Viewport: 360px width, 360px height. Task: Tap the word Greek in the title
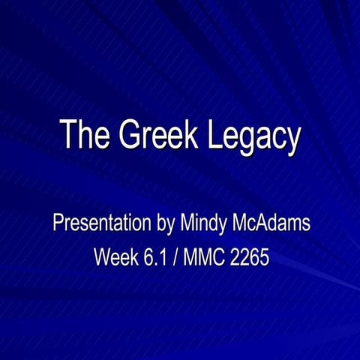[154, 136]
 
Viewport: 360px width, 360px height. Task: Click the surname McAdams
[271, 223]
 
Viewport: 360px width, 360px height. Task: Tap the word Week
[116, 257]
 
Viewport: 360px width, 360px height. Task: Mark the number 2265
[250, 257]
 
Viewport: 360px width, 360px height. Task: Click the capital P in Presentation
[57, 223]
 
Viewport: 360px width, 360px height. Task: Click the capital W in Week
[101, 257]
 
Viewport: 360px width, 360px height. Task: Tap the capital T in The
[69, 136]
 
